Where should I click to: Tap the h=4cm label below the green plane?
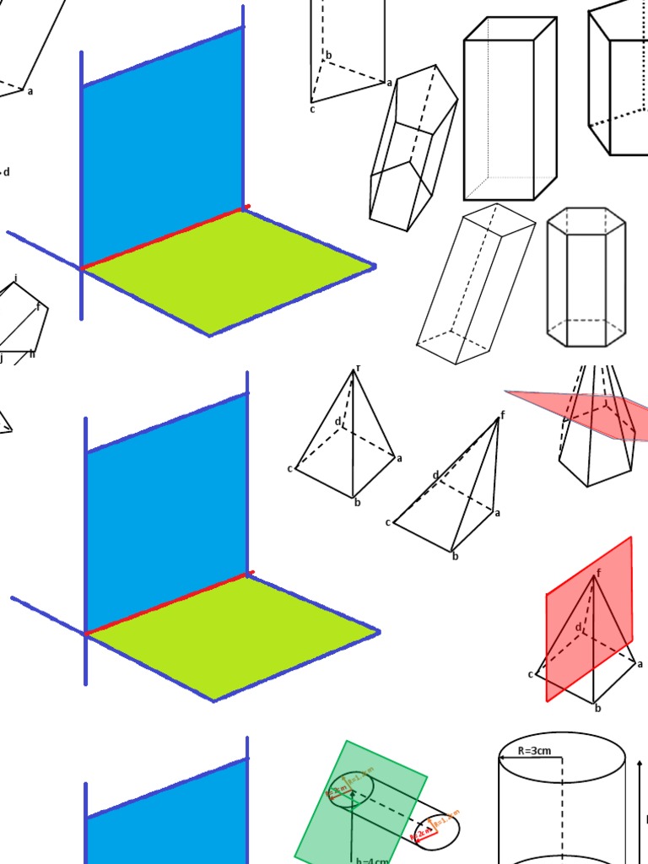point(371,860)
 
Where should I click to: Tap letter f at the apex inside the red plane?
point(598,573)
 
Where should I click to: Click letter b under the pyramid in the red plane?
point(597,708)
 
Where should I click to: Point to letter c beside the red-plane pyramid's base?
point(531,673)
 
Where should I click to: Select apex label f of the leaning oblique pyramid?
point(503,414)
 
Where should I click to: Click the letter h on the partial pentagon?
point(32,354)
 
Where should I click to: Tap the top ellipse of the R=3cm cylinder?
point(561,751)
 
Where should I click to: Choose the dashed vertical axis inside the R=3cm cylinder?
point(561,810)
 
